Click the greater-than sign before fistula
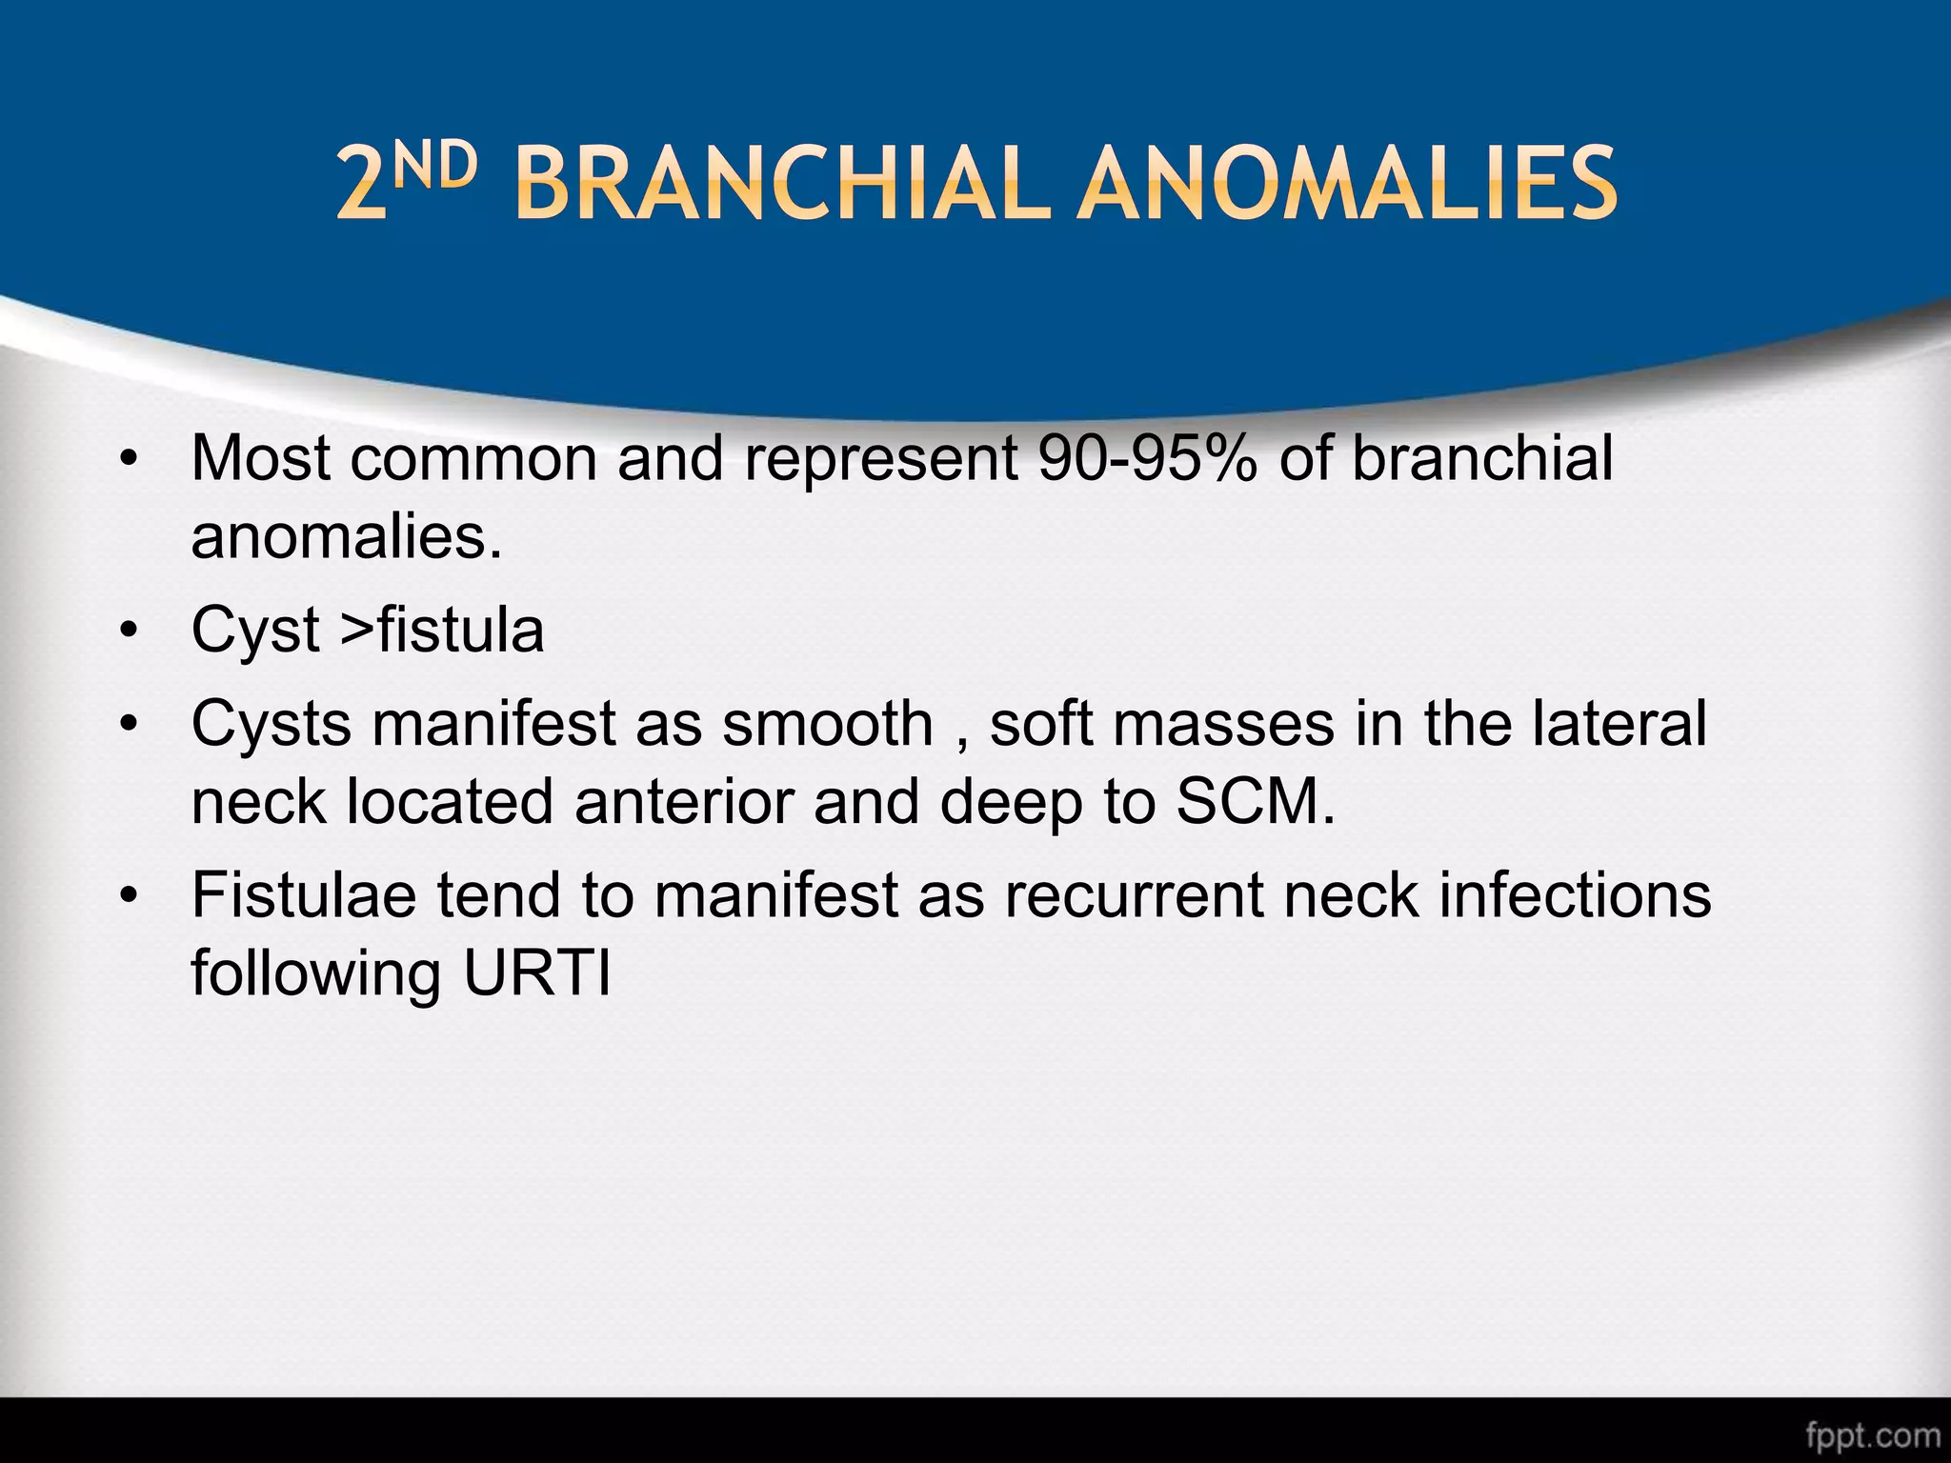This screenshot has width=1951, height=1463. click(x=357, y=630)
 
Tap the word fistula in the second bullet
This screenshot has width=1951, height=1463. click(x=461, y=630)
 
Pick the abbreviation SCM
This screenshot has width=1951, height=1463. click(x=1254, y=801)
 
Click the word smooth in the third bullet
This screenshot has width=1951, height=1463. click(x=827, y=724)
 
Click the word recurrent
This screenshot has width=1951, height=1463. click(x=1133, y=895)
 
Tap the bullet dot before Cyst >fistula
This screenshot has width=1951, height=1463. click(x=130, y=631)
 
